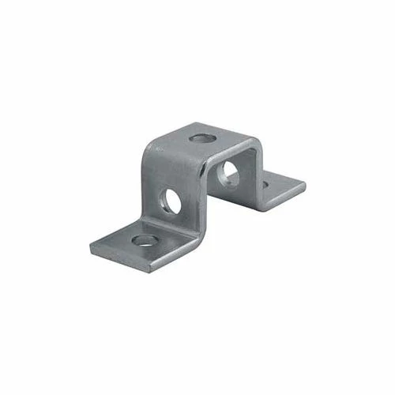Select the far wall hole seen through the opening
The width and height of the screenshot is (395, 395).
pyautogui.click(x=230, y=173)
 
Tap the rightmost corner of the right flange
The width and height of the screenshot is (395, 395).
pyautogui.click(x=305, y=187)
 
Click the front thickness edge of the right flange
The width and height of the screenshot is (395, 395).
pyautogui.click(x=284, y=199)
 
